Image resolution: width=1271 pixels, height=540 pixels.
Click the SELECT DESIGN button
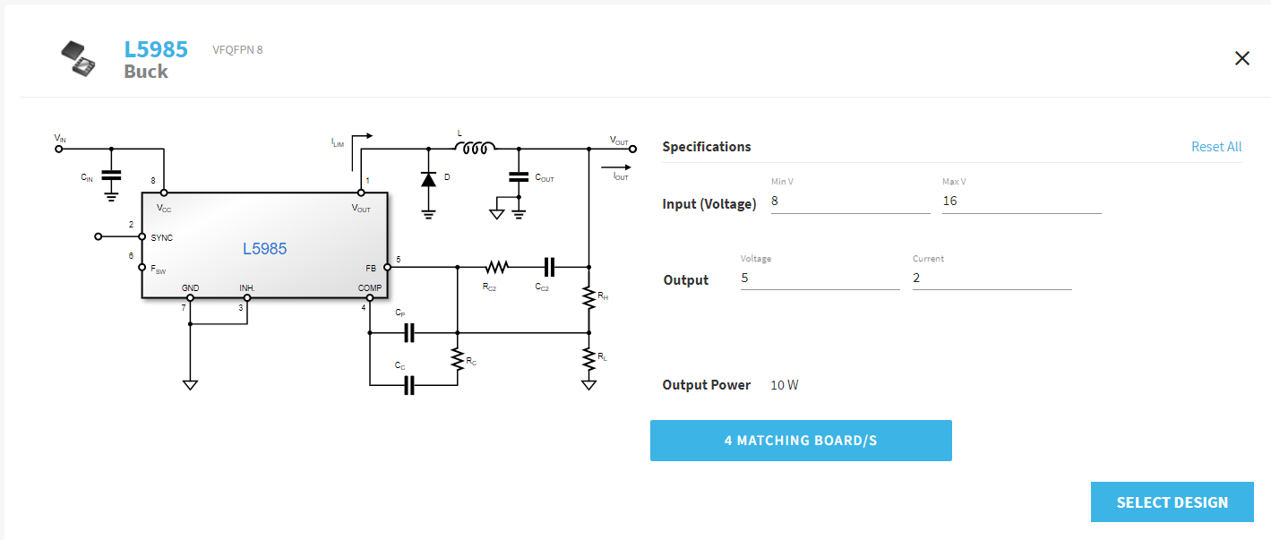pyautogui.click(x=1172, y=501)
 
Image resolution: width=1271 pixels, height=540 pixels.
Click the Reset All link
pyautogui.click(x=1215, y=147)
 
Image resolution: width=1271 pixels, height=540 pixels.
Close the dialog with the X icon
pyautogui.click(x=1241, y=59)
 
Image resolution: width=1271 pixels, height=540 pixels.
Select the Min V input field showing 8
pyautogui.click(x=849, y=201)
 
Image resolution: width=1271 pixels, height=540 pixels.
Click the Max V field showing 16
pyautogui.click(x=1020, y=201)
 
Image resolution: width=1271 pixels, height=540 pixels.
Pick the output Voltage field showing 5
pyautogui.click(x=819, y=279)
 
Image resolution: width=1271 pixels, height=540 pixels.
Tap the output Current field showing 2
pyautogui.click(x=991, y=279)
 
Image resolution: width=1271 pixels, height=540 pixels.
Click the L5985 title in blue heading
pyautogui.click(x=156, y=49)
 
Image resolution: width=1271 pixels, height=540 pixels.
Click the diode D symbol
pyautogui.click(x=428, y=178)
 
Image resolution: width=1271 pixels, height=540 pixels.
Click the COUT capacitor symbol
pyautogui.click(x=518, y=176)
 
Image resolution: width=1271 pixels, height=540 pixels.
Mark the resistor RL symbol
pyautogui.click(x=588, y=359)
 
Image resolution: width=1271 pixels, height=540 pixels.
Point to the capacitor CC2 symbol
pyautogui.click(x=549, y=267)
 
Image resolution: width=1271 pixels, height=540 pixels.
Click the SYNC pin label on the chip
pyautogui.click(x=162, y=237)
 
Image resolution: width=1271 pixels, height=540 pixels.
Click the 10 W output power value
pyautogui.click(x=784, y=385)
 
